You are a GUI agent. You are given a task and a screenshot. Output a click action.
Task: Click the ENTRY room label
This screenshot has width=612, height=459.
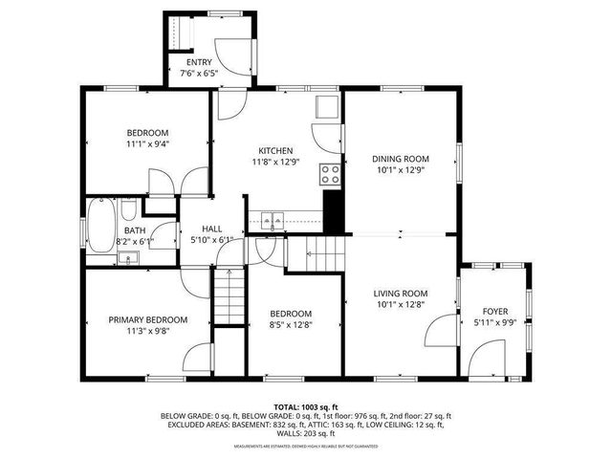coord(199,63)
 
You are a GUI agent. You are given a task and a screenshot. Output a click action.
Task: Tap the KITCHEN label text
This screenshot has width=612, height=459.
coord(275,151)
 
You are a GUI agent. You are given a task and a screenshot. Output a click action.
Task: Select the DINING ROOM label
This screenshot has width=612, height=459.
coord(401,159)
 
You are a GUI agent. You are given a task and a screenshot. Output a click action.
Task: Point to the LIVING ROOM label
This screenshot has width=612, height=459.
coord(400,294)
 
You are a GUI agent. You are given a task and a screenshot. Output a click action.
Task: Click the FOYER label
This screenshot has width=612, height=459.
coord(495,312)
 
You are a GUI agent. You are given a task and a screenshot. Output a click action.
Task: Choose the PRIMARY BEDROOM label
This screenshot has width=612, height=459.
coord(147,319)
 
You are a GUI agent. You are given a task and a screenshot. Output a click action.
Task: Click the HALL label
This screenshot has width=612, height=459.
coord(212,229)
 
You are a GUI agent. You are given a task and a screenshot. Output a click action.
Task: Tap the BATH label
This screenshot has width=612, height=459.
coord(134,230)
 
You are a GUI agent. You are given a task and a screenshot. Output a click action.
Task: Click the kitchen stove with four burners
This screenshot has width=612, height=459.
coord(331,174)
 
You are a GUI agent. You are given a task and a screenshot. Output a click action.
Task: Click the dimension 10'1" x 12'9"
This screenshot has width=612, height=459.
coord(401,171)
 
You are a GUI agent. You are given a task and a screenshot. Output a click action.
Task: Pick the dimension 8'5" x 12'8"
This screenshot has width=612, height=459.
coord(290,326)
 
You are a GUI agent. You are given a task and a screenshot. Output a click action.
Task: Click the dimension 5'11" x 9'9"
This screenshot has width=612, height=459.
coord(495,324)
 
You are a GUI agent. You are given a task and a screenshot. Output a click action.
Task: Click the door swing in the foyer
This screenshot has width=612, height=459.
coord(483,359)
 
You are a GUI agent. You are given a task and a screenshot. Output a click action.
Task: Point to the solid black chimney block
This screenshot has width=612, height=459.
coord(333,211)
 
